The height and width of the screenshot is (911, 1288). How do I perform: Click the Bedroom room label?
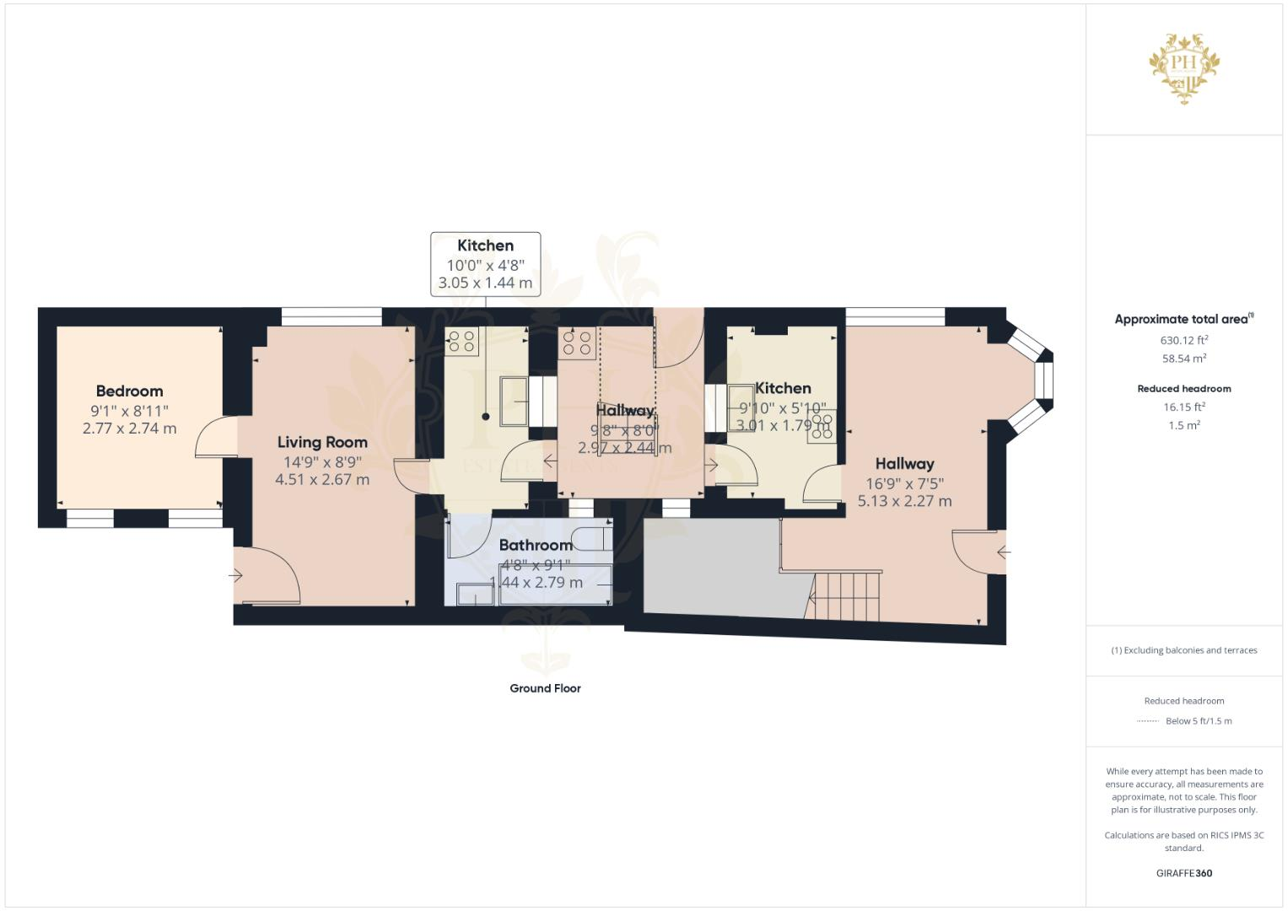point(129,391)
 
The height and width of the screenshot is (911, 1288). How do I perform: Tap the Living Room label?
point(322,442)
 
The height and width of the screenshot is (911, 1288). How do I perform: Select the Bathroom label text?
point(536,545)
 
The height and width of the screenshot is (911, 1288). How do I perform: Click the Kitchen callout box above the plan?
point(485,263)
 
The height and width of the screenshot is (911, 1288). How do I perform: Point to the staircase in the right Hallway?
point(846,596)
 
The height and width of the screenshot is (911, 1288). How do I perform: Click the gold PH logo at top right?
point(1184,67)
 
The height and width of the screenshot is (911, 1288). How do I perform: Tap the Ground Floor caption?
point(545,688)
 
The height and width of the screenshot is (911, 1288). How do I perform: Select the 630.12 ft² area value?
point(1183,340)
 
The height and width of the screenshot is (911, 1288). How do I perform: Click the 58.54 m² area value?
point(1183,358)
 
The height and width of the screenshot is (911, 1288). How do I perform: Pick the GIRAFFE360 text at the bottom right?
point(1183,873)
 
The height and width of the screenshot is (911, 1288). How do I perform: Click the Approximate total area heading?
point(1183,319)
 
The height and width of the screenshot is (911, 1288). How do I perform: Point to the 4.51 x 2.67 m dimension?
point(322,480)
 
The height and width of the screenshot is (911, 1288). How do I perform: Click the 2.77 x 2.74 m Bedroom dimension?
point(129,429)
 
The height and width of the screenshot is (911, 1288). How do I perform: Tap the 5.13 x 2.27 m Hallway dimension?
point(904,501)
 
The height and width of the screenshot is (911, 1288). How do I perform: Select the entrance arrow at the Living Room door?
point(235,575)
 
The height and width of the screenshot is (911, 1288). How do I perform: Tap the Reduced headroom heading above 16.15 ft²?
point(1183,389)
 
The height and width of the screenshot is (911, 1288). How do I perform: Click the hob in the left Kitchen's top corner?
point(461,341)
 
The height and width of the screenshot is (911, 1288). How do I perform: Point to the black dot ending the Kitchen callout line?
point(486,417)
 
